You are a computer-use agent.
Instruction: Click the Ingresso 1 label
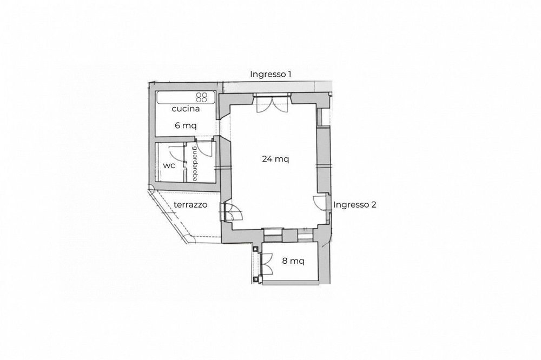270,74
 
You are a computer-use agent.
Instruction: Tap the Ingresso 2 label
355,205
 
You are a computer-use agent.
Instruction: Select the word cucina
186,109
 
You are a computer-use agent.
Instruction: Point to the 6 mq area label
186,125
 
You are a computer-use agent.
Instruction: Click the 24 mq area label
276,159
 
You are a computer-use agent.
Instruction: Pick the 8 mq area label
293,261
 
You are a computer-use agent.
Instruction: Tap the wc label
169,166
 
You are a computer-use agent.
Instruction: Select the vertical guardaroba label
194,163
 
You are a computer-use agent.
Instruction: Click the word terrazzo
190,205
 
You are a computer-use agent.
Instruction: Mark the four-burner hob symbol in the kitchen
202,97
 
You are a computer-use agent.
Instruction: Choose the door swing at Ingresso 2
320,202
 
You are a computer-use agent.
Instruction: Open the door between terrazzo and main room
233,212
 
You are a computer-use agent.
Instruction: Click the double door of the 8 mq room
267,264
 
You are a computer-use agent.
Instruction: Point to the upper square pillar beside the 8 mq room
255,248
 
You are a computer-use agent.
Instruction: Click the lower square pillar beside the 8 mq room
255,278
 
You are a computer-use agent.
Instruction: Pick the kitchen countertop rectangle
186,97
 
